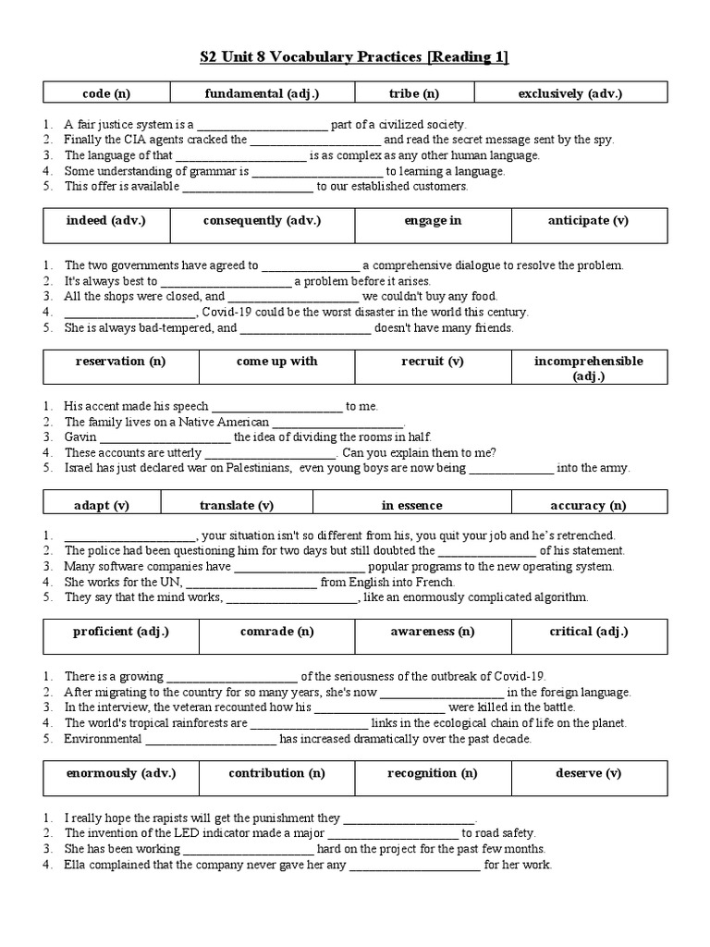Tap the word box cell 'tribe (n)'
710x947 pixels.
tap(419, 93)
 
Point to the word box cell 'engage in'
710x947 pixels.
tap(433, 221)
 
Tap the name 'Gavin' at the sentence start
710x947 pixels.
tap(80, 437)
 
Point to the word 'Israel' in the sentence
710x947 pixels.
tap(80, 468)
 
